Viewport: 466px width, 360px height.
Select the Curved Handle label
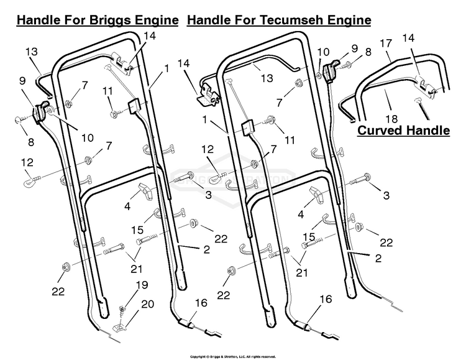click(403, 131)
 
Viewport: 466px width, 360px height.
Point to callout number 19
click(142, 285)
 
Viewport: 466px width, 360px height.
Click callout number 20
click(147, 304)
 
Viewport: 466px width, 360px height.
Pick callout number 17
click(386, 45)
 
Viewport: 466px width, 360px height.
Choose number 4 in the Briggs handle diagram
click(127, 206)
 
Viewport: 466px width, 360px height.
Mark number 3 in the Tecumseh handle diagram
click(386, 196)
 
